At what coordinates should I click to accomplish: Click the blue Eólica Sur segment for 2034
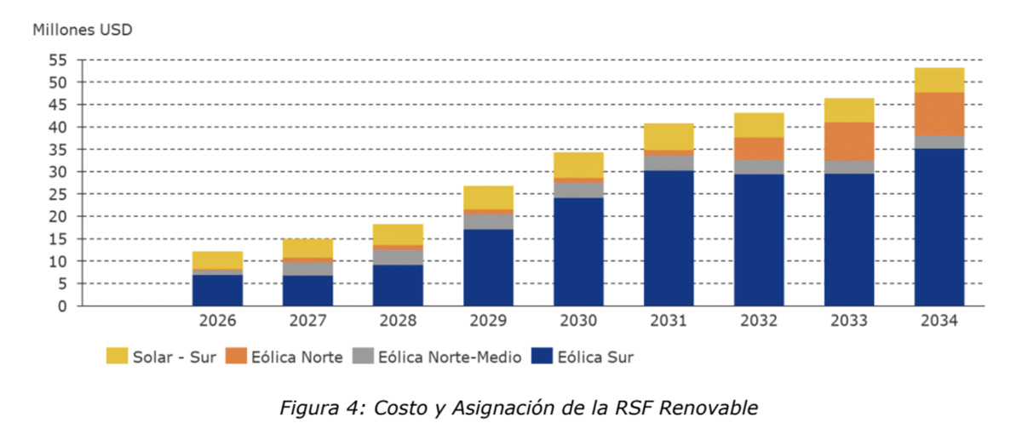point(939,227)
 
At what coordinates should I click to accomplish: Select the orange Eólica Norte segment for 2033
point(849,141)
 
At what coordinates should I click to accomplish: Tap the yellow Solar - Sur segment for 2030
point(578,165)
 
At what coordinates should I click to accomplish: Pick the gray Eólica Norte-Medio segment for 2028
point(398,257)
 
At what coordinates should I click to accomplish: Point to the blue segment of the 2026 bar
point(217,290)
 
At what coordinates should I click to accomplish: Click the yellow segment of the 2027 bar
point(307,248)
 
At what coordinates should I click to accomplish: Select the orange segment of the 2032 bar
point(759,149)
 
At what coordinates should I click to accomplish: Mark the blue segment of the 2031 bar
point(669,238)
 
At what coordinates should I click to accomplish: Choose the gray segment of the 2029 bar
point(488,221)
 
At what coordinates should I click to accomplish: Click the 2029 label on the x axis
point(488,322)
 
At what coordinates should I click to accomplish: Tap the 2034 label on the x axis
point(939,322)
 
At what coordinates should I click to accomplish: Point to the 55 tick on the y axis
point(58,60)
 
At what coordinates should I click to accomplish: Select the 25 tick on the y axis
point(58,194)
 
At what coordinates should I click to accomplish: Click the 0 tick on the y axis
point(62,306)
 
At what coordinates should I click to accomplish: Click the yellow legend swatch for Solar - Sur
point(117,357)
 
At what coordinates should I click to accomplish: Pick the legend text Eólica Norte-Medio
point(450,357)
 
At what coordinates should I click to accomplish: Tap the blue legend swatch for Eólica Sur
point(542,357)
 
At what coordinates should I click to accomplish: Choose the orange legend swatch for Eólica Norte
point(236,357)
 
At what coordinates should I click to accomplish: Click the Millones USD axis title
point(83,30)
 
